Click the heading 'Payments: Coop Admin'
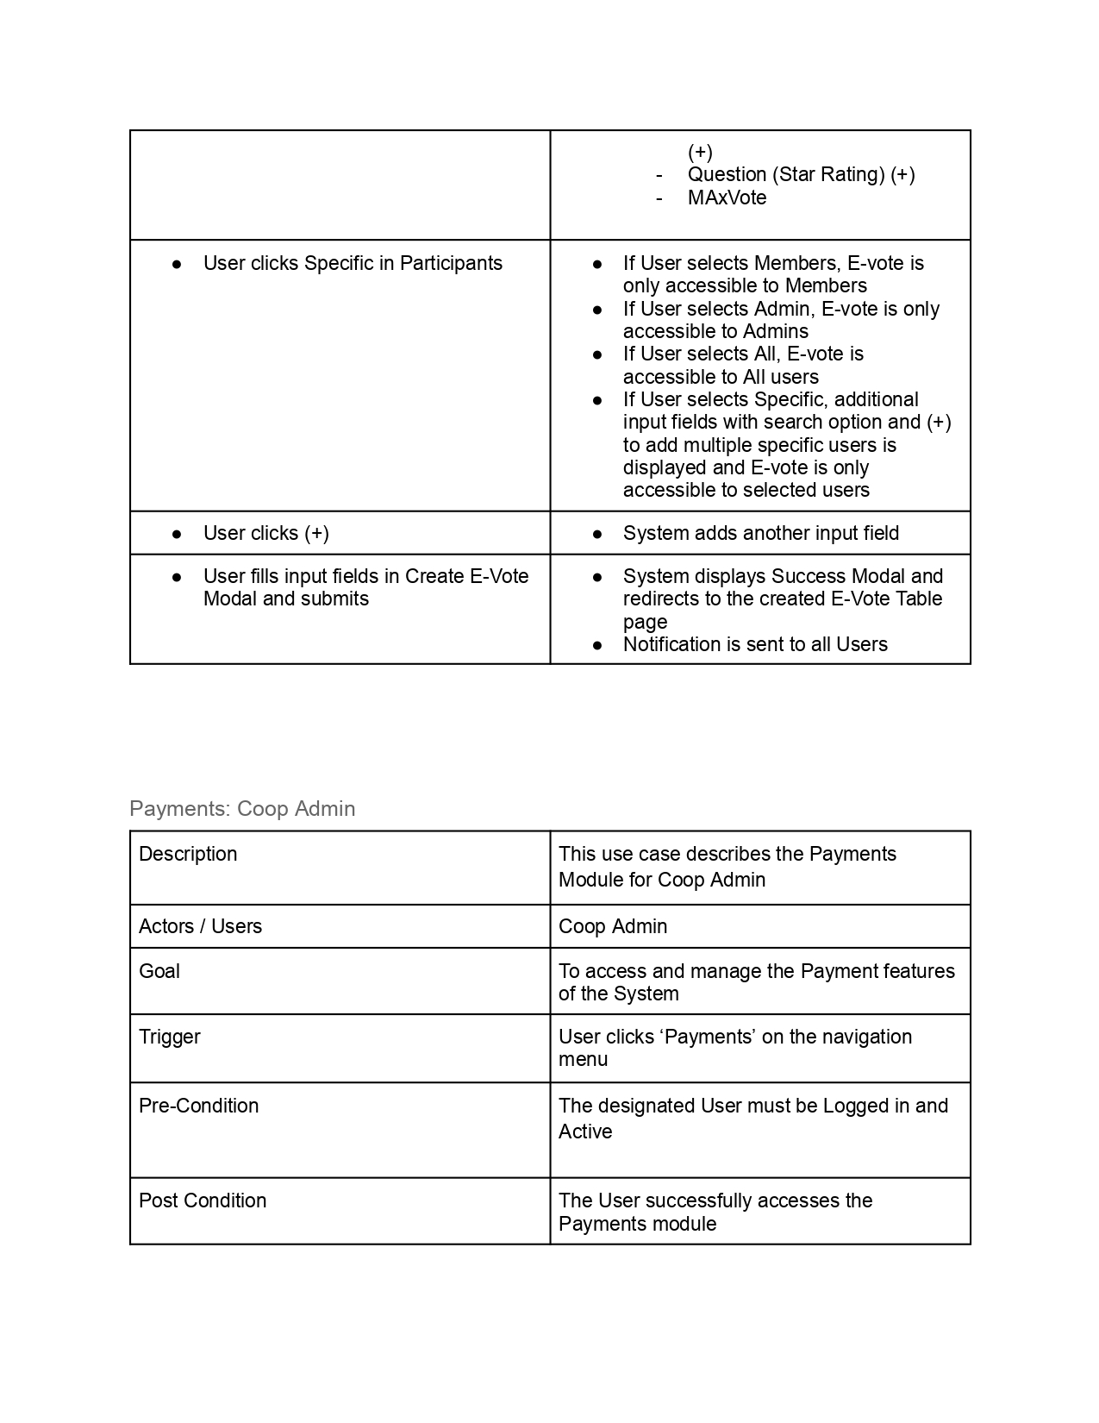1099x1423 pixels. pyautogui.click(x=242, y=809)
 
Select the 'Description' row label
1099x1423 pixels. pyautogui.click(x=188, y=854)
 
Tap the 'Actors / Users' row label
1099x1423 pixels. pyautogui.click(x=200, y=926)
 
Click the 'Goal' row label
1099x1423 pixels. pyautogui.click(x=159, y=971)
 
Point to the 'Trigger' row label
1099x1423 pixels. pyautogui.click(x=170, y=1037)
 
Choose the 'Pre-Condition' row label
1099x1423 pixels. pyautogui.click(x=198, y=1106)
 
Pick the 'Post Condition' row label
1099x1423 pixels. pyautogui.click(x=203, y=1200)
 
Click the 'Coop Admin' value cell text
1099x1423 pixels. pyautogui.click(x=613, y=926)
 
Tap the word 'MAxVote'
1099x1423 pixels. pyautogui.click(x=727, y=197)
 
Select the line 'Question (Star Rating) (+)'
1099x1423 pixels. pyautogui.click(x=801, y=174)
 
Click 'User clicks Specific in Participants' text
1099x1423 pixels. pyautogui.click(x=353, y=263)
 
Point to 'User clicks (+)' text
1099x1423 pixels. pyautogui.click(x=266, y=533)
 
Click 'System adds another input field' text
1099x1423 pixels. pyautogui.click(x=761, y=533)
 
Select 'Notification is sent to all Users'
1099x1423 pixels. pyautogui.click(x=755, y=644)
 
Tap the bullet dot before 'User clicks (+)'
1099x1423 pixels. pyautogui.click(x=177, y=534)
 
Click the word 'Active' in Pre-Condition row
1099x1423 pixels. pyautogui.click(x=585, y=1132)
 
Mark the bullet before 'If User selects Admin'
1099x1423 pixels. pyautogui.click(x=597, y=309)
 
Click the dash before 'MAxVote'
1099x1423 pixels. pyautogui.click(x=659, y=197)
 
